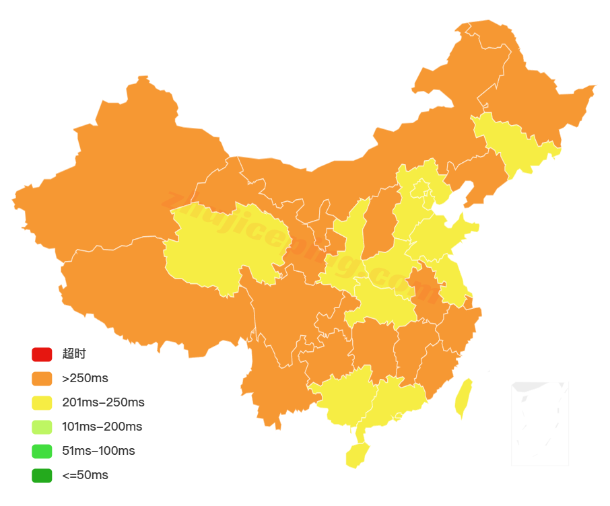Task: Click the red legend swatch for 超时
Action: (x=41, y=354)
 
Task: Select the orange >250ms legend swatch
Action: (x=41, y=378)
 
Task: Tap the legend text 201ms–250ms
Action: (x=103, y=402)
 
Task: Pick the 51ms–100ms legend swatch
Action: (x=41, y=451)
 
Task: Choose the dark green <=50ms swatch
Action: (x=41, y=475)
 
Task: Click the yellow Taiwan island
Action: (x=463, y=397)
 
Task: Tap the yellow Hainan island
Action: (x=358, y=456)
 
